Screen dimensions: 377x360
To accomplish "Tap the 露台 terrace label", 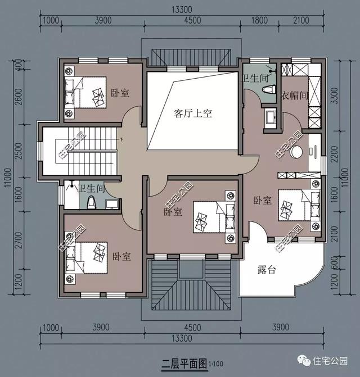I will coord(267,270).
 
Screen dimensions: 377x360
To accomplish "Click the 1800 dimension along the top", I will coord(260,21).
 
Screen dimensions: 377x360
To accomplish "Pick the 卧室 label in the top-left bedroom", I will coord(119,93).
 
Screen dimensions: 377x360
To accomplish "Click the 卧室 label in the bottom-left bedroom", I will coord(121,256).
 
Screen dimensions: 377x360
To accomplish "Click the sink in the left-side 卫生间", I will coord(111,203).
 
